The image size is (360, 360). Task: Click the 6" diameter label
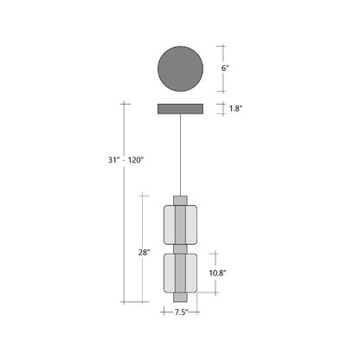(x=225, y=67)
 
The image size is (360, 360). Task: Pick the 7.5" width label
(x=180, y=313)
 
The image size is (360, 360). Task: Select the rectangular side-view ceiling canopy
(x=180, y=109)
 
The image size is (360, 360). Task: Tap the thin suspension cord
(x=180, y=156)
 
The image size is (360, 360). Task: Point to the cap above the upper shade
(x=180, y=200)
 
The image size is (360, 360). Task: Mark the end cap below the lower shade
(x=180, y=299)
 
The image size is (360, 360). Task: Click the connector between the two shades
(x=180, y=248)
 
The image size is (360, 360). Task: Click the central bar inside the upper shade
(x=180, y=224)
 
